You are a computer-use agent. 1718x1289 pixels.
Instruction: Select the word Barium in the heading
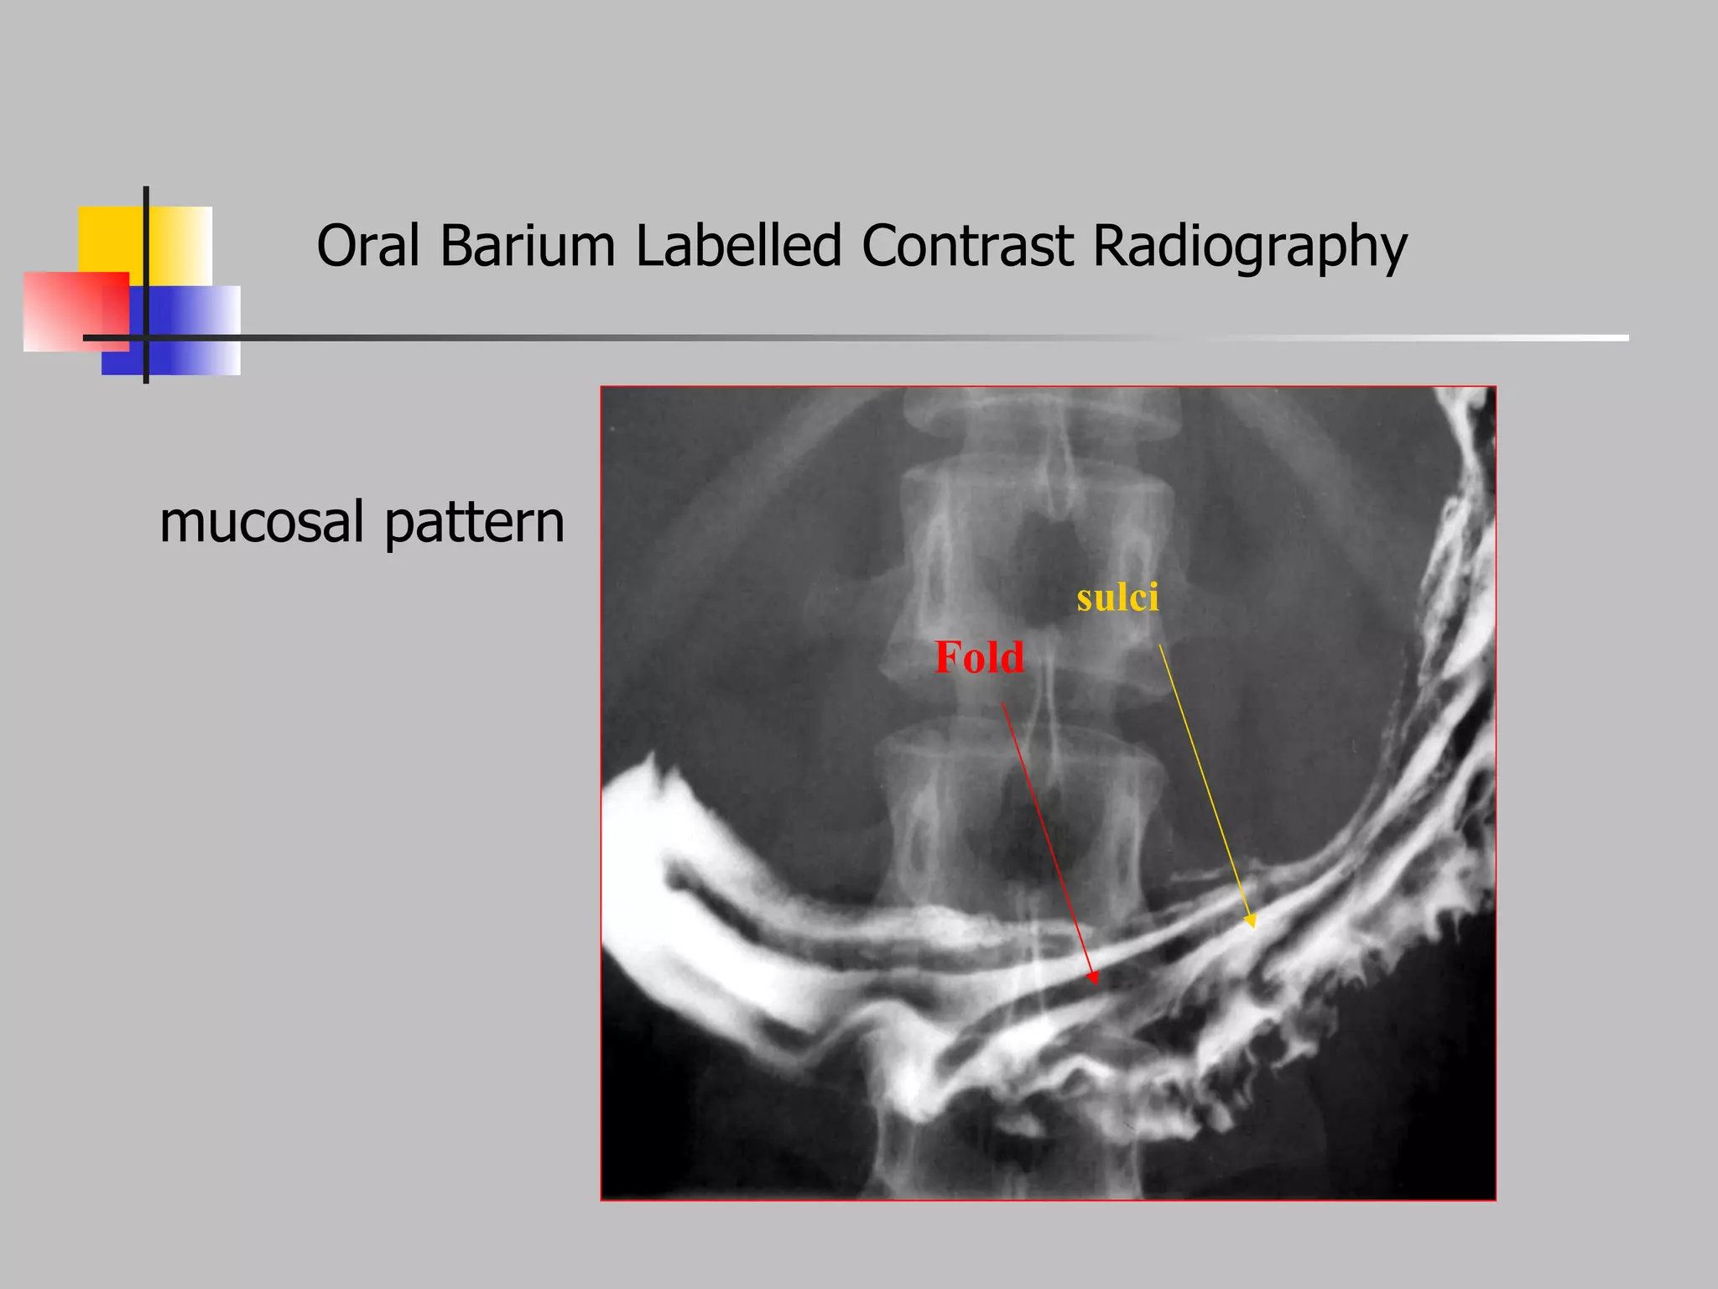(528, 246)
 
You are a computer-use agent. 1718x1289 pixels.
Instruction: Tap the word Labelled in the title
(738, 246)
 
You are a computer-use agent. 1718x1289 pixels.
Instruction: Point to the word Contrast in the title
(967, 246)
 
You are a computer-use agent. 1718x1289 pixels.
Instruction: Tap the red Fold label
(979, 657)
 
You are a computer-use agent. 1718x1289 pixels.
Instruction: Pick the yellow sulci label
(1117, 598)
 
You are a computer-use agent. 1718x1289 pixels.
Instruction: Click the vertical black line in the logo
(146, 252)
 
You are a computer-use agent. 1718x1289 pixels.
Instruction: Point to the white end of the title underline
(1594, 337)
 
